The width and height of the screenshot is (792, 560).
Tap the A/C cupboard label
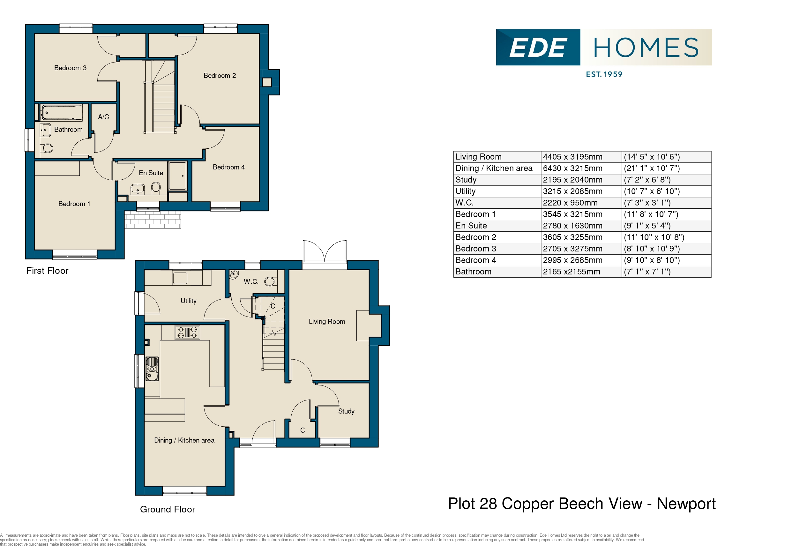(x=103, y=117)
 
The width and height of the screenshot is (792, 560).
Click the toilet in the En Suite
(x=156, y=188)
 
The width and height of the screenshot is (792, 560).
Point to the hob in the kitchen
(x=187, y=332)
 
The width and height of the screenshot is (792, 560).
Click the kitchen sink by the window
(x=152, y=369)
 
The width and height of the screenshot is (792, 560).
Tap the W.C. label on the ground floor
(x=251, y=281)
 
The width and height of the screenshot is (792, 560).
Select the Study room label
(x=346, y=411)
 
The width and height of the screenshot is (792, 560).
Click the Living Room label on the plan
(x=327, y=322)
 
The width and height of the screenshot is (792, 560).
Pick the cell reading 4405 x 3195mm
(x=572, y=157)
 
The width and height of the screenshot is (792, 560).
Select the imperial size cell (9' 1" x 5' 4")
(x=647, y=226)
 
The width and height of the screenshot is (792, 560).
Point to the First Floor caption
(x=47, y=271)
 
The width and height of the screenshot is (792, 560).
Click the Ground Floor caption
(x=167, y=509)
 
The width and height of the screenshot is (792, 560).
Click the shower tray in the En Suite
(x=177, y=175)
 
